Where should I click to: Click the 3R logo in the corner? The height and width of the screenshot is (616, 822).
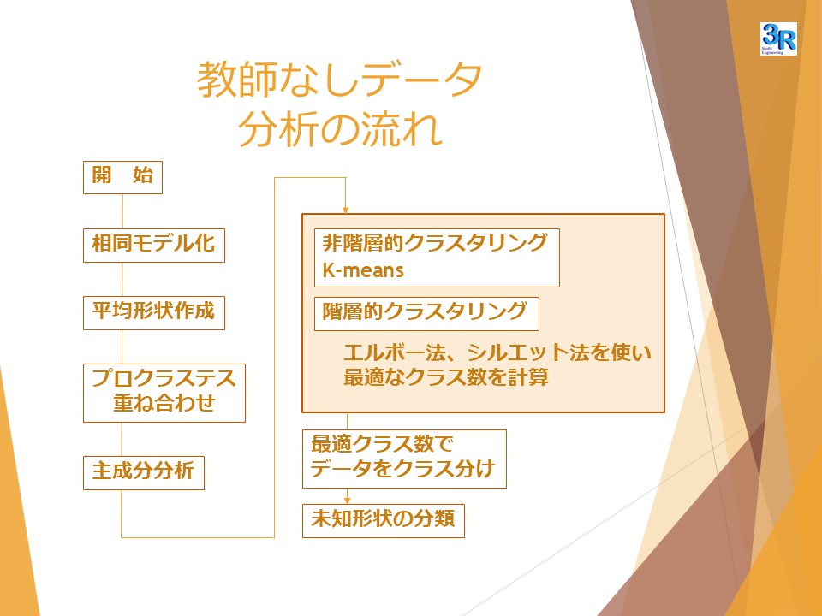(x=778, y=38)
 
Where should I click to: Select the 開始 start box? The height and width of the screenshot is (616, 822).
(x=122, y=178)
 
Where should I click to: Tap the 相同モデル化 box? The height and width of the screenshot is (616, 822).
(x=154, y=246)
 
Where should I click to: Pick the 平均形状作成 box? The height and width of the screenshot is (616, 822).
(x=154, y=313)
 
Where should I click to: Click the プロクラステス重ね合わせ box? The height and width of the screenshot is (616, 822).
(x=164, y=393)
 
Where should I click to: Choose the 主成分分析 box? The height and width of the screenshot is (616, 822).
(x=144, y=473)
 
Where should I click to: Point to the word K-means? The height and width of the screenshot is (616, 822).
(x=363, y=270)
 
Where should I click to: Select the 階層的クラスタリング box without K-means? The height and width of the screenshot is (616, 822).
(x=426, y=314)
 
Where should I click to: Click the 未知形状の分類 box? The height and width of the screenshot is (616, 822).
(x=384, y=521)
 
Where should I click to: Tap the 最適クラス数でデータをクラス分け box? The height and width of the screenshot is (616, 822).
(x=404, y=459)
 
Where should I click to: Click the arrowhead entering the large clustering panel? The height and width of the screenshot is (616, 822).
(x=345, y=210)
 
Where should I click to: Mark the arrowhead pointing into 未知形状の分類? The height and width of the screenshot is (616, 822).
(x=347, y=500)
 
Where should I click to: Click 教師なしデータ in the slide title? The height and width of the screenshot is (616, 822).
(x=339, y=79)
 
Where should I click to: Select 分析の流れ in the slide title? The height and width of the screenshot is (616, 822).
(x=340, y=129)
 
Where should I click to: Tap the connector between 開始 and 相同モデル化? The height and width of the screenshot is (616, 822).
(x=122, y=211)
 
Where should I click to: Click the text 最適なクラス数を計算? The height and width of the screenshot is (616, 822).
(x=446, y=377)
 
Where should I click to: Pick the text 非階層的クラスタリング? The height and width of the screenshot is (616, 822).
(x=435, y=243)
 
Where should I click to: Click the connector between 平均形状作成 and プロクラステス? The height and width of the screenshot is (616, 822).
(x=122, y=346)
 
